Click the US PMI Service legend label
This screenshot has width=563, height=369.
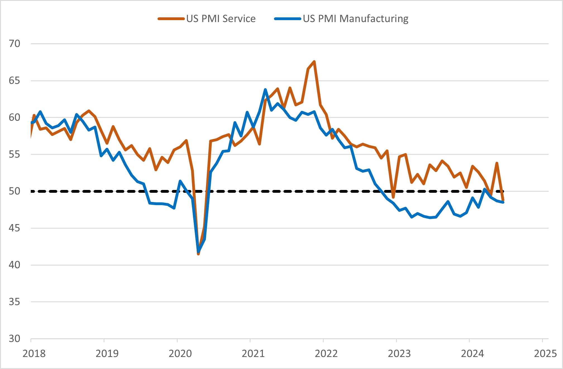click(x=221, y=19)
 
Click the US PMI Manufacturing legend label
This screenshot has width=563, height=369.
click(x=356, y=19)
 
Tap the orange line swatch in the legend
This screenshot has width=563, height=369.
click(x=171, y=19)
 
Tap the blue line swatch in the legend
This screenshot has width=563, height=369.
click(x=288, y=19)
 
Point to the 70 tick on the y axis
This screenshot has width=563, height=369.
click(x=15, y=44)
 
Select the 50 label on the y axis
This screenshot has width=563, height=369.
click(x=15, y=191)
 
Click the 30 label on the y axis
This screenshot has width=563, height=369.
click(x=15, y=339)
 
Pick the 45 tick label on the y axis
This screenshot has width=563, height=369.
click(x=15, y=228)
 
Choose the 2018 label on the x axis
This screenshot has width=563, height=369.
click(x=34, y=354)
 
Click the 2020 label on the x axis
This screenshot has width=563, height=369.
click(x=180, y=354)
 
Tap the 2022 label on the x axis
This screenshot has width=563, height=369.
click(x=326, y=354)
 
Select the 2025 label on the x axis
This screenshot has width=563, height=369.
click(x=545, y=354)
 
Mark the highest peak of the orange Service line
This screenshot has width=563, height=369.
click(x=314, y=62)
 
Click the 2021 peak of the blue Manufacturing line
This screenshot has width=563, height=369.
click(x=265, y=90)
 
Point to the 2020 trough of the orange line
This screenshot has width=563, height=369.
click(x=198, y=254)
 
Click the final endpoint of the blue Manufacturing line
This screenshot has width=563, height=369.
click(x=503, y=202)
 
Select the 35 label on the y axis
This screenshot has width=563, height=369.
click(x=15, y=302)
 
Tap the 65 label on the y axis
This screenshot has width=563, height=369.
click(x=15, y=81)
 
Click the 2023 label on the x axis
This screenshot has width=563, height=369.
click(x=399, y=354)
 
